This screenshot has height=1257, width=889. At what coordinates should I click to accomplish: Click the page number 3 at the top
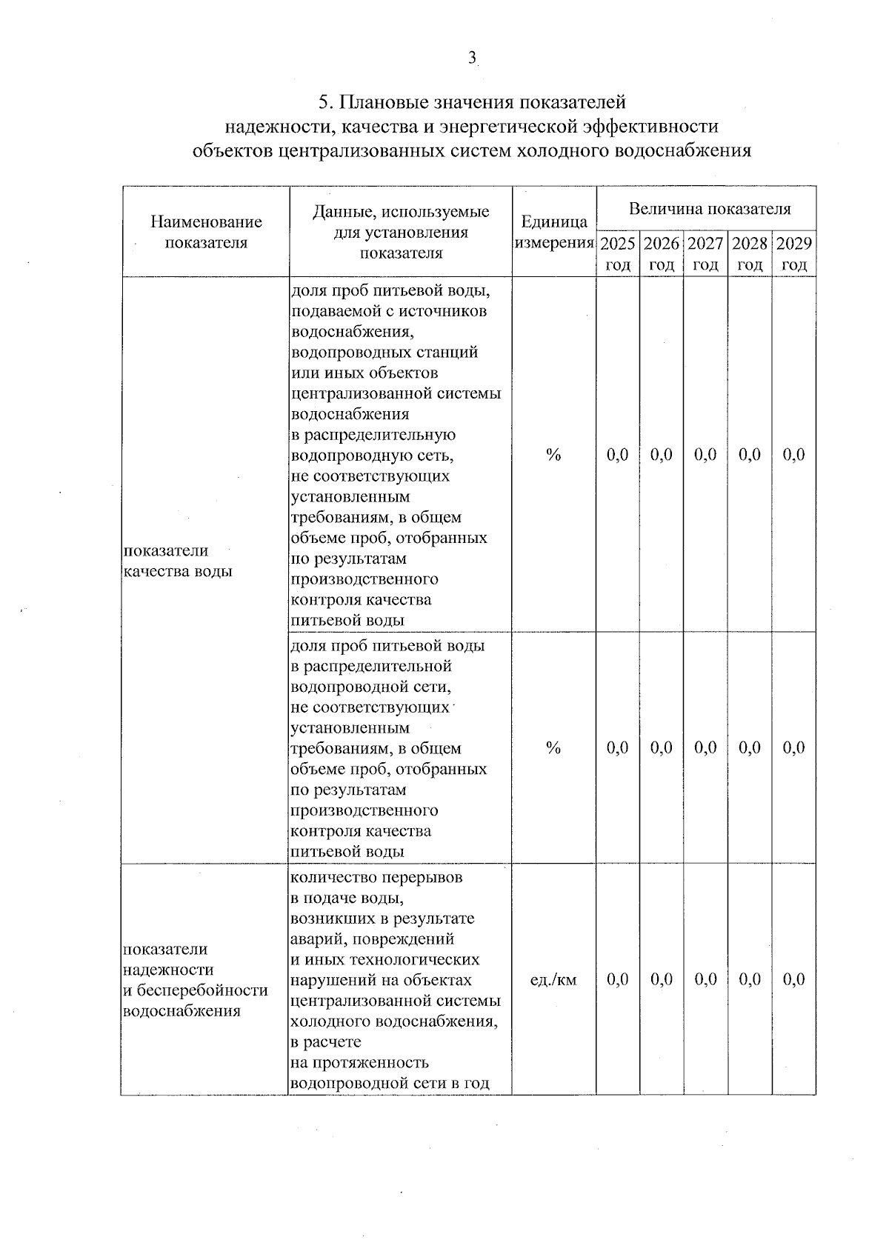pos(472,59)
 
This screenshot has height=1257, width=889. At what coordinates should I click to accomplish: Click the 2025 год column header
pos(617,253)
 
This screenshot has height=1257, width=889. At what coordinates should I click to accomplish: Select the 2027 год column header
pos(705,253)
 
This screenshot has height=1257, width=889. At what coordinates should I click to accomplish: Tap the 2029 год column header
pos(793,253)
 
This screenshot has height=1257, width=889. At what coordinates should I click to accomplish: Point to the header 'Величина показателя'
pos(709,209)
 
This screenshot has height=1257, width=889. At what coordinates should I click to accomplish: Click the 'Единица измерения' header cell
pos(554,232)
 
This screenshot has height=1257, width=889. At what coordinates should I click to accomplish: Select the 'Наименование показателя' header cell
pos(206,232)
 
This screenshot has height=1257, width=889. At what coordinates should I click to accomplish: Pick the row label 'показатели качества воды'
pos(178,561)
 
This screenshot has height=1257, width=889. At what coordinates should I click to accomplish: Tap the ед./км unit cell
pos(553,980)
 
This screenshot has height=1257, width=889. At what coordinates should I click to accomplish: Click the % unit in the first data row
pos(553,455)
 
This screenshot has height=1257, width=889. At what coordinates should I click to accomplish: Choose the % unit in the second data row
pos(553,748)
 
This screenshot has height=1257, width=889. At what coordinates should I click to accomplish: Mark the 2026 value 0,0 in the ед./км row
pos(662,980)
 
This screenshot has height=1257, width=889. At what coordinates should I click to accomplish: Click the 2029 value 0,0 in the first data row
pos(793,455)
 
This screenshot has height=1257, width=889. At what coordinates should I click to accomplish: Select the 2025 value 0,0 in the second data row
pos(617,748)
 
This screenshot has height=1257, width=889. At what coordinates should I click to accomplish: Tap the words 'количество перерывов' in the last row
pos(377,878)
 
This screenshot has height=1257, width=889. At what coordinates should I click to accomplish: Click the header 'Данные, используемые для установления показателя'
pos(401,232)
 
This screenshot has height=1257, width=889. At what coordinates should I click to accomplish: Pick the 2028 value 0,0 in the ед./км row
pos(750,980)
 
